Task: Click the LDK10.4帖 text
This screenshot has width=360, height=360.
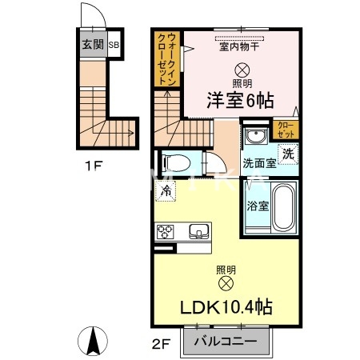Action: (225, 306)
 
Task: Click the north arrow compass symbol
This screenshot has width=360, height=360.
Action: (94, 342)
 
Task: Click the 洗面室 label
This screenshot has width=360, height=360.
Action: (260, 163)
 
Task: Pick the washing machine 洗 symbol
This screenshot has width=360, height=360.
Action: (286, 152)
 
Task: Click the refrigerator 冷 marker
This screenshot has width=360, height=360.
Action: (166, 191)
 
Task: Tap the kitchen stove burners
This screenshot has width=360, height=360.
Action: (166, 232)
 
